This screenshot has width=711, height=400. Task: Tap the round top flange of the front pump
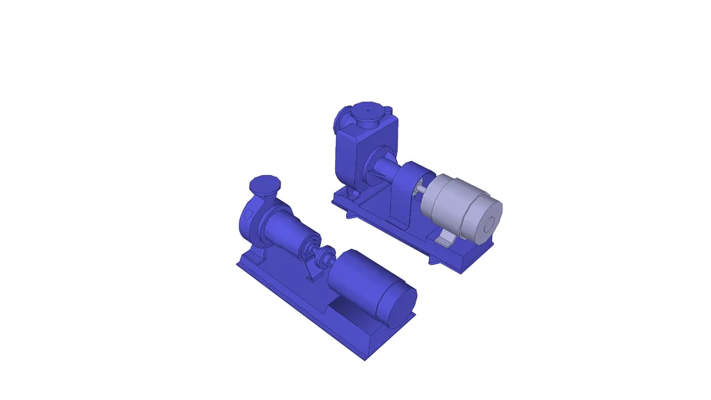263,186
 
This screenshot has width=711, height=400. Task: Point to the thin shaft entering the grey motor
423,188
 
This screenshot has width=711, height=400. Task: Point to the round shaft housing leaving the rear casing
387,168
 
